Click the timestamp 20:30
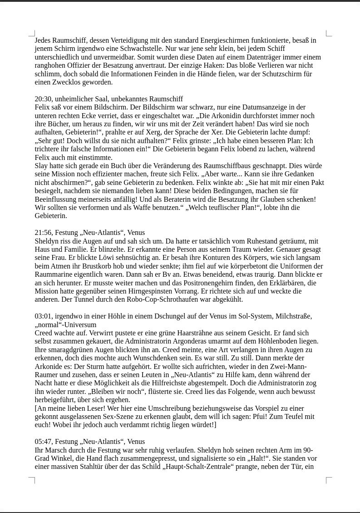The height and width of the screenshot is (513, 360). coord(44,99)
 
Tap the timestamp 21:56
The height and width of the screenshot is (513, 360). coord(44,233)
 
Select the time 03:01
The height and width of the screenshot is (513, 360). coord(44,316)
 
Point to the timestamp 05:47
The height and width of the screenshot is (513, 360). coord(44,442)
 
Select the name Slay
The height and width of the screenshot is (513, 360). coord(42,166)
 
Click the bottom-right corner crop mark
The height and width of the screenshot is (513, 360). coord(329,480)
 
